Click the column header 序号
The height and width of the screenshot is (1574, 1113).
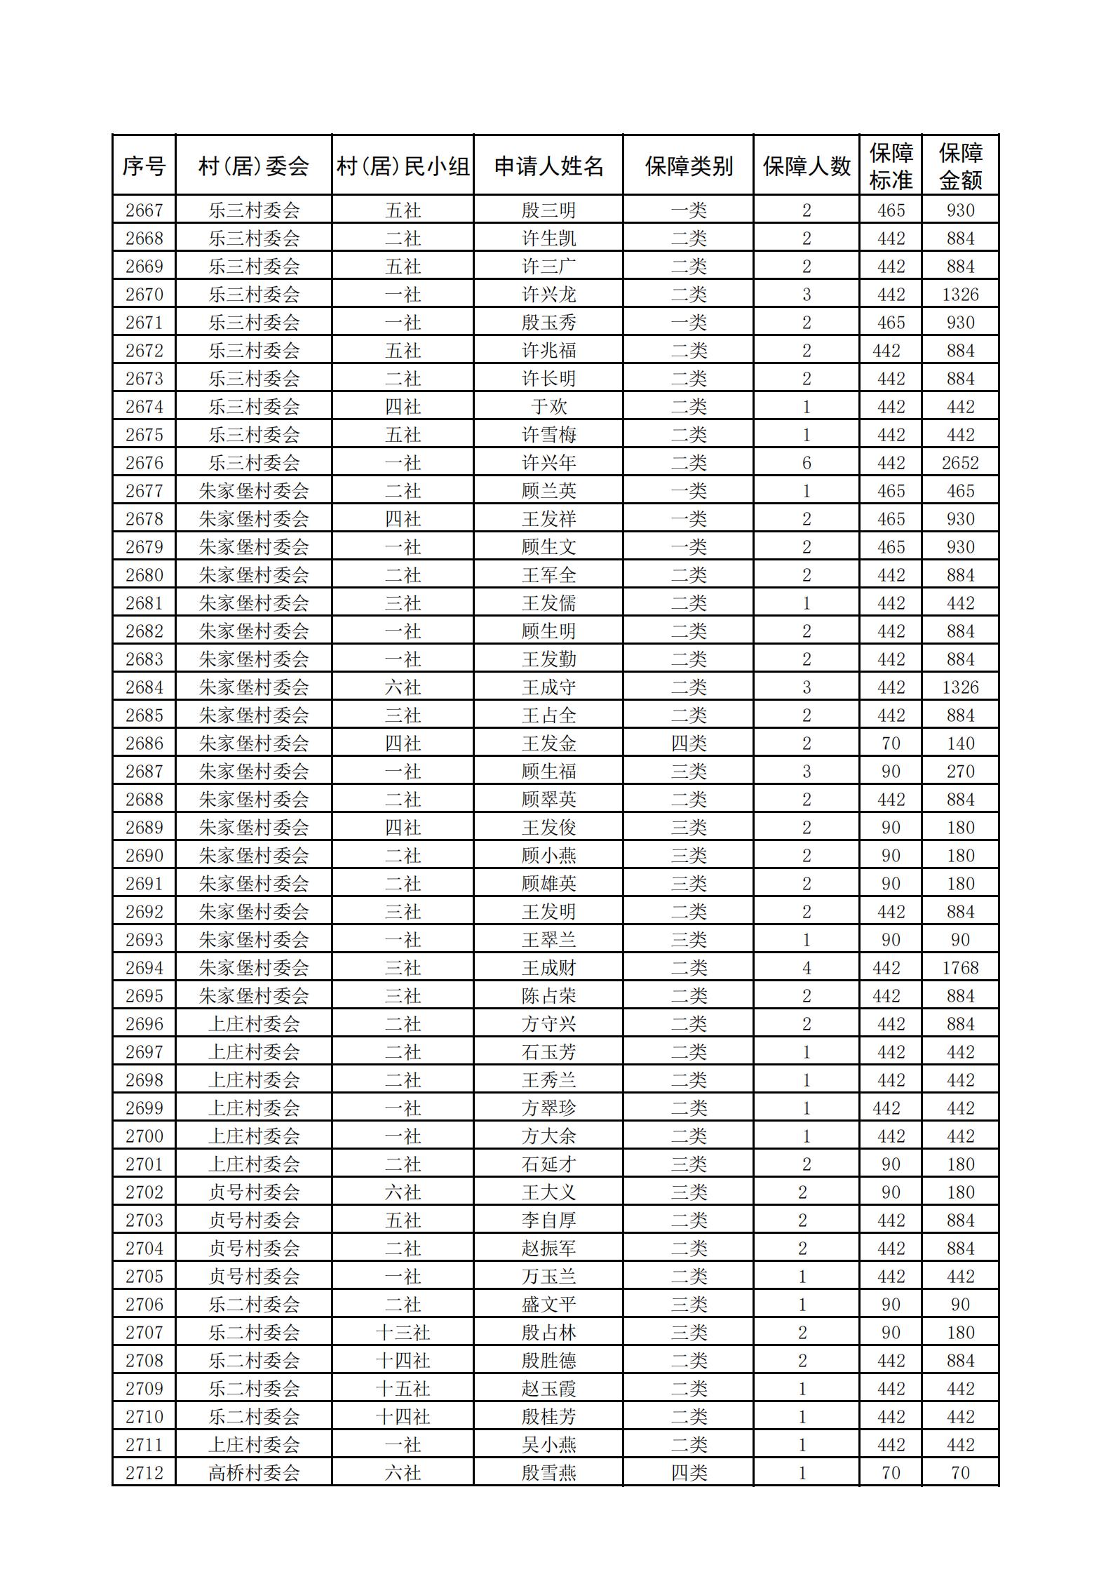144,166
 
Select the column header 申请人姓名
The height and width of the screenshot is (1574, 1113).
548,166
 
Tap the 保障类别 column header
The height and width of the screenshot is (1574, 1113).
688,166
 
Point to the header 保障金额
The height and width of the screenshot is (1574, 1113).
960,166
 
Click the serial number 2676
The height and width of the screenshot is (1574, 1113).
144,463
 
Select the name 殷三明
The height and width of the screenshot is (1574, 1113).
548,210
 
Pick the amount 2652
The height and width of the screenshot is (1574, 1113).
960,463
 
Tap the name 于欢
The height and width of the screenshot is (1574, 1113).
548,407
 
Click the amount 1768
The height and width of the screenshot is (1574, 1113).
960,968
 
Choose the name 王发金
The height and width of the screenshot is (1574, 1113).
548,744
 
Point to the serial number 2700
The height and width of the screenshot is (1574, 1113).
144,1136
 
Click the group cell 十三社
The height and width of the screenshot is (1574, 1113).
403,1333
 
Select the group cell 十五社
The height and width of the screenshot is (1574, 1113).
403,1389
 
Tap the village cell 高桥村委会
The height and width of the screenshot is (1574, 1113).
253,1473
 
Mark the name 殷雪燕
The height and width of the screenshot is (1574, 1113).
548,1473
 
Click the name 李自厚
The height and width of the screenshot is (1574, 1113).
548,1220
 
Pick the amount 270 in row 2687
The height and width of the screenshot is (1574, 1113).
960,772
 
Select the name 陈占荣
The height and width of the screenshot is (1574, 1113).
548,996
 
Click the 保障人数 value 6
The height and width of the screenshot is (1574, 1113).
806,463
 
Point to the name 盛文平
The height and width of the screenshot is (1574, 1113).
548,1305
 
